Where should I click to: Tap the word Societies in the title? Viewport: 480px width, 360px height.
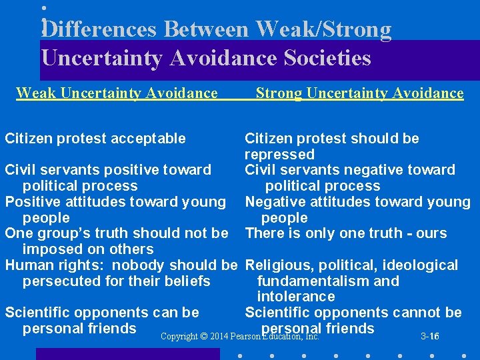tap(327, 59)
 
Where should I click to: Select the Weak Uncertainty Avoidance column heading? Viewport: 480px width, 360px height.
tap(117, 93)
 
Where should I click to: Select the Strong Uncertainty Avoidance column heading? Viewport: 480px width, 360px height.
tap(359, 93)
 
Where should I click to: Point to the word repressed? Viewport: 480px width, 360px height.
tap(279, 155)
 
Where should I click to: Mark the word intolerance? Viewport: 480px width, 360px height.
tap(296, 297)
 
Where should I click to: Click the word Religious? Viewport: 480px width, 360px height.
tap(275, 265)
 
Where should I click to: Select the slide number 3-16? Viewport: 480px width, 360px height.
tap(429, 337)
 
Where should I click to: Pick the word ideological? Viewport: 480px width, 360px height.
tap(419, 265)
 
